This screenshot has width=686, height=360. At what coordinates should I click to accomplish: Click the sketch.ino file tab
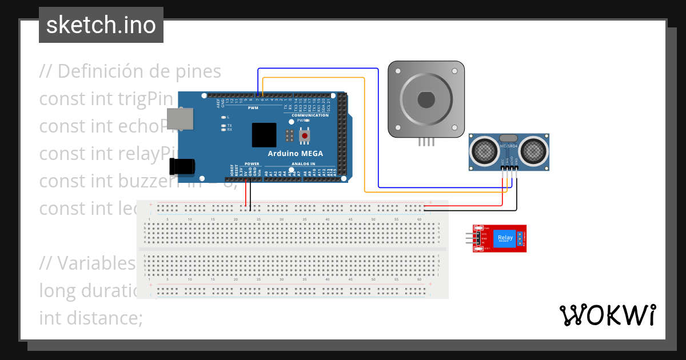click(x=101, y=25)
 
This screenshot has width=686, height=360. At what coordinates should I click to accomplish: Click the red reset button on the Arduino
click(x=306, y=135)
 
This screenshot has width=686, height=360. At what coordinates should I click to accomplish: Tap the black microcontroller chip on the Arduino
click(x=264, y=135)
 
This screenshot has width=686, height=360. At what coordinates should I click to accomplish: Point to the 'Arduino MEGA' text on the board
click(x=295, y=154)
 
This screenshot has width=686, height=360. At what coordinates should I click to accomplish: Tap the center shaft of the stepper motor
click(x=426, y=100)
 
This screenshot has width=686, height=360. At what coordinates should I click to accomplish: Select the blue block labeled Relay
click(x=505, y=238)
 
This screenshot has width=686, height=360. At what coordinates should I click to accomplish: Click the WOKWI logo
click(x=607, y=315)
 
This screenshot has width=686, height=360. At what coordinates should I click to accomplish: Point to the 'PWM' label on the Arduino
click(x=253, y=107)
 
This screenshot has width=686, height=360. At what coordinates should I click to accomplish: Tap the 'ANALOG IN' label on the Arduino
click(x=303, y=164)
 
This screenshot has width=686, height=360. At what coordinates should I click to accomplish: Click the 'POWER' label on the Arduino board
click(x=252, y=164)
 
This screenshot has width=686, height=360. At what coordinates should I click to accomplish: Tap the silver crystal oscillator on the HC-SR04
click(x=508, y=138)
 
